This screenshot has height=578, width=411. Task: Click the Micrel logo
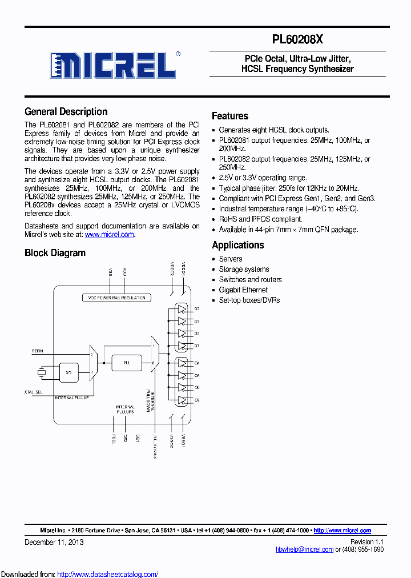pos(113,65)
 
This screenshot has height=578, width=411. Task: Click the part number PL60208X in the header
pos(298,39)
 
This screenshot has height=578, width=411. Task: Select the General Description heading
pos(66,112)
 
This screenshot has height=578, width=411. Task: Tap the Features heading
pos(230,116)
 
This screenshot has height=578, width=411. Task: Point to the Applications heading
pos(238,245)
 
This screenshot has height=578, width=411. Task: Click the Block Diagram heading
pos(55,252)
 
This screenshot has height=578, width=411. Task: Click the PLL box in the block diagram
pos(126,362)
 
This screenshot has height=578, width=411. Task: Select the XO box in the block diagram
pos(69,373)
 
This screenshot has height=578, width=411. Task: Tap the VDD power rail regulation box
pos(116,298)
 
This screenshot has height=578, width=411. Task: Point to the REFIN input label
pos(34,351)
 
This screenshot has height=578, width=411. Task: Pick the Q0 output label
pos(197,309)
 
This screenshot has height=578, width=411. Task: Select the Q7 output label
pos(197,400)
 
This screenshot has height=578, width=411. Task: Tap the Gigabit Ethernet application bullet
pos(243,290)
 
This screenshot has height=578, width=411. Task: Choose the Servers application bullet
pos(231,259)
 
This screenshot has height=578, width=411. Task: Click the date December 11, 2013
pos(54,541)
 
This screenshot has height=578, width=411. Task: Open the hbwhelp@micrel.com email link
pos(304,549)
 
